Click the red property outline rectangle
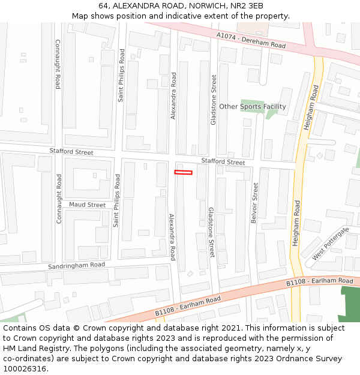pyautogui.click(x=183, y=173)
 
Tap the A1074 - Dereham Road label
pyautogui.click(x=251, y=41)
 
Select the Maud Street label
pyautogui.click(x=87, y=205)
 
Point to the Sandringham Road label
pyautogui.click(x=77, y=265)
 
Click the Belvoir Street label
pyautogui.click(x=256, y=203)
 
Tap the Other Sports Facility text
pyautogui.click(x=252, y=107)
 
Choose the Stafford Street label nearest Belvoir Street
pyautogui.click(x=223, y=162)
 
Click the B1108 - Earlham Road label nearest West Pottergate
pyautogui.click(x=319, y=281)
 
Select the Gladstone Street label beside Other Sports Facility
pyautogui.click(x=213, y=100)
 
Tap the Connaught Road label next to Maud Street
pyautogui.click(x=59, y=199)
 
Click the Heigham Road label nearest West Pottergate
pyautogui.click(x=296, y=224)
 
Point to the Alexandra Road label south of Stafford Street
pyautogui.click(x=172, y=236)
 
